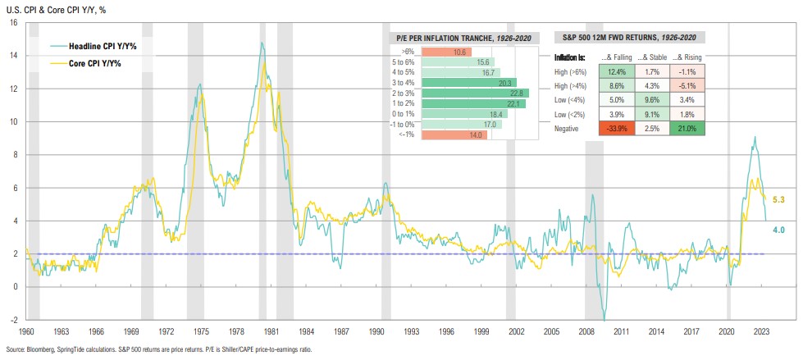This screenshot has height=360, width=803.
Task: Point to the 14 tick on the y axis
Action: [x=14, y=56]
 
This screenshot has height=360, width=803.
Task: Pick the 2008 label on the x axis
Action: [x=590, y=332]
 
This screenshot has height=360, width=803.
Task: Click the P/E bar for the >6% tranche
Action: [x=447, y=52]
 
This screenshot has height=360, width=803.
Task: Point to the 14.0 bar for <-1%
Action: [x=455, y=134]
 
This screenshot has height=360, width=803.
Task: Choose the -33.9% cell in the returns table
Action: [x=614, y=129]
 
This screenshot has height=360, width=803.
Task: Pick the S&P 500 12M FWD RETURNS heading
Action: [x=630, y=37]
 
